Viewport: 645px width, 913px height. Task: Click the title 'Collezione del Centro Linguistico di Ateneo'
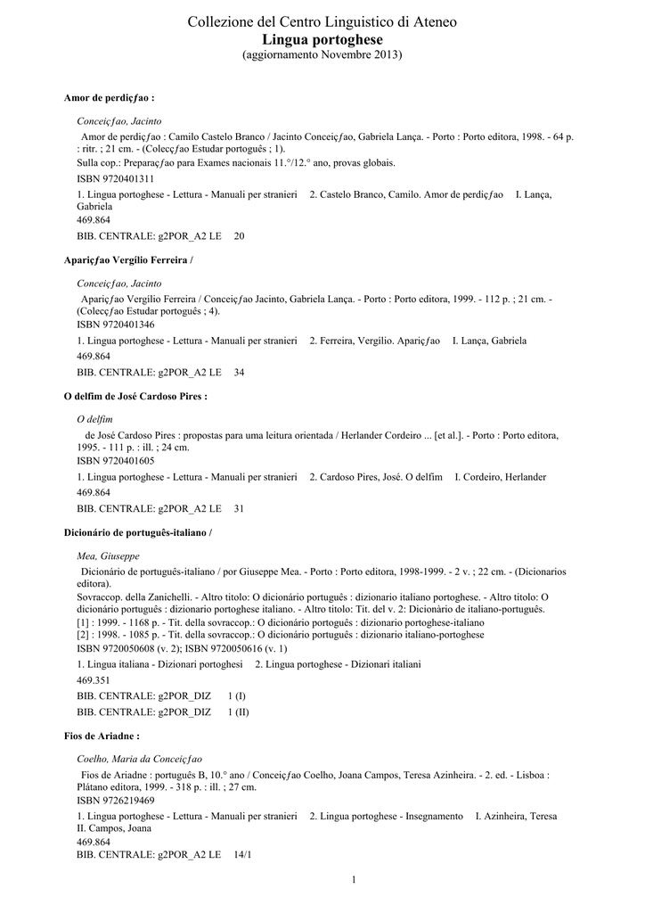(x=322, y=21)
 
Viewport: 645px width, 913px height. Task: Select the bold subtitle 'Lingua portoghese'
(x=322, y=39)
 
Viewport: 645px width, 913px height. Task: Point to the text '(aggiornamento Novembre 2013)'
(x=322, y=55)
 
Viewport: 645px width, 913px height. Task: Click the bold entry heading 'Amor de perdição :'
(x=110, y=96)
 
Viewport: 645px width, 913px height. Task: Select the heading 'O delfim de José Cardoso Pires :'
(x=135, y=395)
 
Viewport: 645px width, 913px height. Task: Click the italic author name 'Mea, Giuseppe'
(x=108, y=555)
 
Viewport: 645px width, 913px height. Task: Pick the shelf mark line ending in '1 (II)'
(x=163, y=712)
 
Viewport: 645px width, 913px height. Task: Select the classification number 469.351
(x=94, y=680)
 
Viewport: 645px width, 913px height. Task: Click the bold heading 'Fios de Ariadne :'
(x=102, y=736)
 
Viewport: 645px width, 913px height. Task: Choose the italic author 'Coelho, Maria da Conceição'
(x=140, y=759)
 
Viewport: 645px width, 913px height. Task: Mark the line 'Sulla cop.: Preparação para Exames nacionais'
(x=236, y=163)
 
